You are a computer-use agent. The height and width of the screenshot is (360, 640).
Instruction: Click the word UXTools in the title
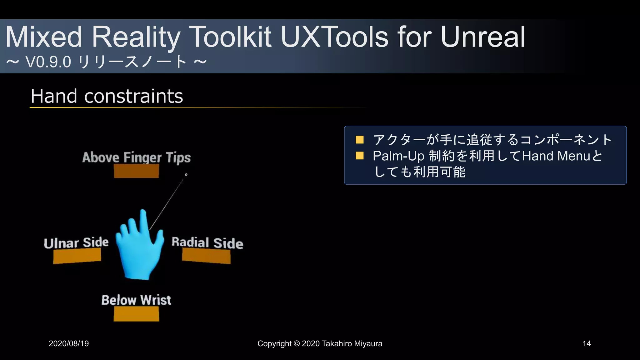334,37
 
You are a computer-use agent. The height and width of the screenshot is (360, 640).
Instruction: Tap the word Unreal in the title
483,37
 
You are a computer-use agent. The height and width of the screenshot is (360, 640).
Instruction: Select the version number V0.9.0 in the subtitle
48,62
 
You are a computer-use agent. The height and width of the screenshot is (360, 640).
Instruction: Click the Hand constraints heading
107,96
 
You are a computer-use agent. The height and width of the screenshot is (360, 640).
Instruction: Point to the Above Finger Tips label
136,157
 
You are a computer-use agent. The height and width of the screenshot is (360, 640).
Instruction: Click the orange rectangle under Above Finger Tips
136,171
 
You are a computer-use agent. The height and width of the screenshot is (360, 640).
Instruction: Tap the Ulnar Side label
76,243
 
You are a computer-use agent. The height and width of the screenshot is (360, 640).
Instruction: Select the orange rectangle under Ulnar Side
77,256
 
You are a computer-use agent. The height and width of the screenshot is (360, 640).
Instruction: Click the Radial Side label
207,243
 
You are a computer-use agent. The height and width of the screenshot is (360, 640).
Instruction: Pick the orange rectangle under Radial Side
206,256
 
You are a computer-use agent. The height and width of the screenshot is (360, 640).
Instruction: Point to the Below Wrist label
136,300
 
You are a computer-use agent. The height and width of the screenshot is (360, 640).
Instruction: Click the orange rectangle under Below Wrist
136,314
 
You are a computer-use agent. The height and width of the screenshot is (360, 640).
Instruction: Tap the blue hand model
139,247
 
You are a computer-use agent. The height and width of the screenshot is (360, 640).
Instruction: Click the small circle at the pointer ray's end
186,175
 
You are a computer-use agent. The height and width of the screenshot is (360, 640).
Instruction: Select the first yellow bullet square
359,140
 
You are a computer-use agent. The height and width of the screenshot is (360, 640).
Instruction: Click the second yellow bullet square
359,156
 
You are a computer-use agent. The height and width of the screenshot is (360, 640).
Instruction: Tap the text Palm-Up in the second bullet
398,156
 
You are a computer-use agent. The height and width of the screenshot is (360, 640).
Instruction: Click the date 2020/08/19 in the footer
69,344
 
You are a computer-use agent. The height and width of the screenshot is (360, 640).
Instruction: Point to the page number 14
587,344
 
